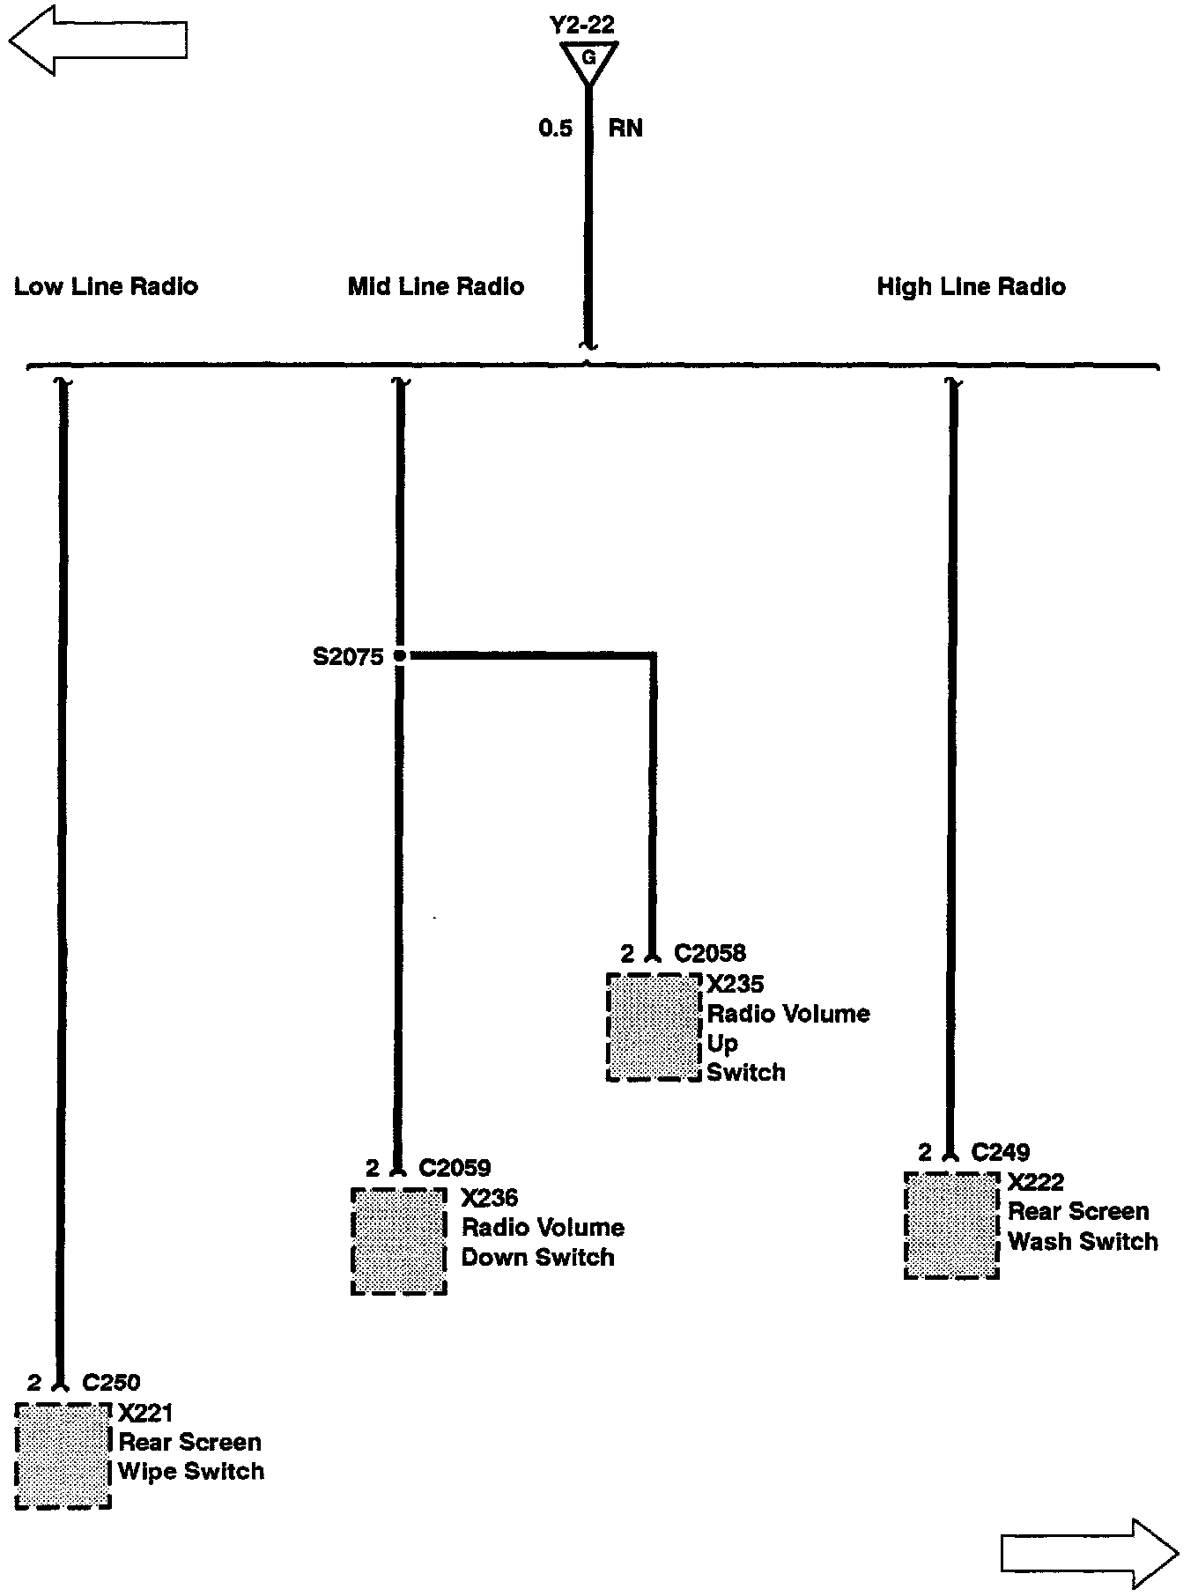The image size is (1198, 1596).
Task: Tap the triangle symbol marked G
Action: tap(589, 60)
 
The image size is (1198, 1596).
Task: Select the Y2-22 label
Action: tap(581, 25)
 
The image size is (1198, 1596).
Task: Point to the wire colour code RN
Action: tap(625, 129)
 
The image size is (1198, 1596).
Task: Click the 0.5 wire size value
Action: tap(556, 129)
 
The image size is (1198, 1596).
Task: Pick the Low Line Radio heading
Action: tap(106, 286)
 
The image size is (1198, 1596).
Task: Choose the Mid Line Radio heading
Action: tap(436, 286)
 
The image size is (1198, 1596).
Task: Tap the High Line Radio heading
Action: tap(971, 286)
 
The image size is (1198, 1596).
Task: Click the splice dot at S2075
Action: tap(399, 655)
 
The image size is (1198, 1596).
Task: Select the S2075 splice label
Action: tap(349, 657)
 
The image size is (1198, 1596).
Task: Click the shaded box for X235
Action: tap(654, 1027)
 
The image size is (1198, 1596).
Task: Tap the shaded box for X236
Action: tap(398, 1241)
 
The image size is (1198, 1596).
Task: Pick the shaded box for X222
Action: tap(951, 1225)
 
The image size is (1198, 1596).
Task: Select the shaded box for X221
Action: tap(63, 1456)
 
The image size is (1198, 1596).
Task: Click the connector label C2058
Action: tap(710, 953)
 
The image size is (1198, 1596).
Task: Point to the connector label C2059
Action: tap(455, 1168)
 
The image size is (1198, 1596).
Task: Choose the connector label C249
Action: tap(1001, 1152)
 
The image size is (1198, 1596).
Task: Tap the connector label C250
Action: tap(111, 1383)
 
